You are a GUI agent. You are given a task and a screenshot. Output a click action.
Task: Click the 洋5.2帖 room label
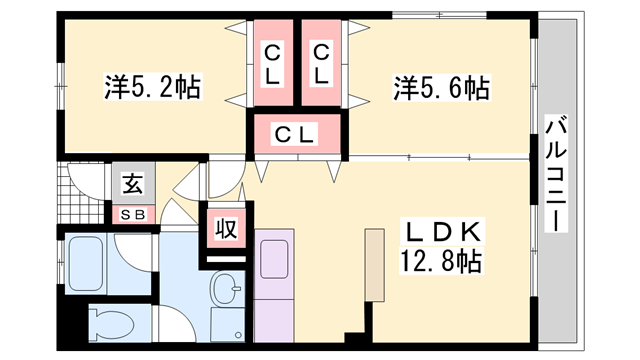click(152, 88)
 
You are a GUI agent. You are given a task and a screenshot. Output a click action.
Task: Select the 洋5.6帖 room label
click(440, 89)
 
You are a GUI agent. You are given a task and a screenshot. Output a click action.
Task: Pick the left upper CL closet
click(272, 62)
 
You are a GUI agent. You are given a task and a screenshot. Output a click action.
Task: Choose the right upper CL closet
click(320, 62)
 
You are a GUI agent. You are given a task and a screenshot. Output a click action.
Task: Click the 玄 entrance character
click(131, 183)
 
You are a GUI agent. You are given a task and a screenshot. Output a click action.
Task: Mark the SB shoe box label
click(131, 213)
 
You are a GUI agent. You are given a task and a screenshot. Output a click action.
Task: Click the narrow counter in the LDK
click(374, 264)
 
